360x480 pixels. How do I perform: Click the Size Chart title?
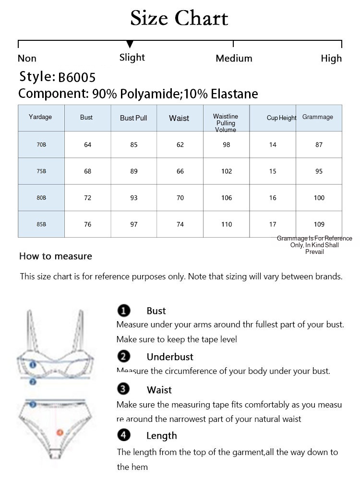179,19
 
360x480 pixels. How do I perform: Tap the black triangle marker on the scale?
130,45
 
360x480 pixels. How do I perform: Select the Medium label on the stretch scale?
234,59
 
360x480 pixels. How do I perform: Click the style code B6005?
77,77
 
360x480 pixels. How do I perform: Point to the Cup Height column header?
281,118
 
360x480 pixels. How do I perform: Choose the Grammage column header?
317,117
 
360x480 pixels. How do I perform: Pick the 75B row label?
41,171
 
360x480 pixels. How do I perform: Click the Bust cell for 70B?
87,145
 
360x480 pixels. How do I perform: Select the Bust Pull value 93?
134,198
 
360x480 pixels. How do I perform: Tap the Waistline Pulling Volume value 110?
227,224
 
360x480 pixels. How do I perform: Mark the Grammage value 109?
319,224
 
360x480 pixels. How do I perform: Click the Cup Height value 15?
273,171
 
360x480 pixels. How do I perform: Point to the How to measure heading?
56,256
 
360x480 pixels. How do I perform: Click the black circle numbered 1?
124,311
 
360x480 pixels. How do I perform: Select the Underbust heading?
170,357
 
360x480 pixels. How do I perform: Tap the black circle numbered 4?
124,435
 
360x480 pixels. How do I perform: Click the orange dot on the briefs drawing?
60,432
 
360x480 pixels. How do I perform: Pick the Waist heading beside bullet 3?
159,390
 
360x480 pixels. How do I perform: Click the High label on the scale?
331,59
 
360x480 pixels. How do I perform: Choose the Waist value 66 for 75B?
180,171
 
